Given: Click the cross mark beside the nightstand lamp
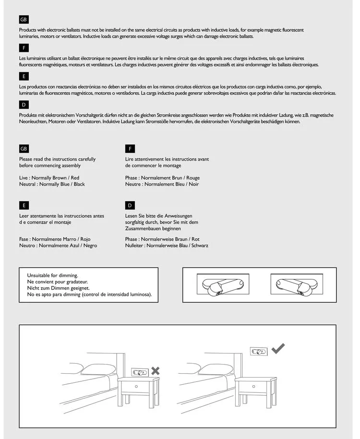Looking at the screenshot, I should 156,370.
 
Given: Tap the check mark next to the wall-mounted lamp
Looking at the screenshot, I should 277,349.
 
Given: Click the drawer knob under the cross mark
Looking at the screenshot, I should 137,386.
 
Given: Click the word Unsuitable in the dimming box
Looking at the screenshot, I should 41,275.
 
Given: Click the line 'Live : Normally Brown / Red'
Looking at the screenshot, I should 49,178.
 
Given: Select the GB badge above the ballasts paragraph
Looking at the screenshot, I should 24,20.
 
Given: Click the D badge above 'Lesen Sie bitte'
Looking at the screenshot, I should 130,206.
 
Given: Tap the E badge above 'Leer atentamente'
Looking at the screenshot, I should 24,206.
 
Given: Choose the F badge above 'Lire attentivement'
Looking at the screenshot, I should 130,148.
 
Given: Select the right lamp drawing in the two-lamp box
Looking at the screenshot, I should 292,285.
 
